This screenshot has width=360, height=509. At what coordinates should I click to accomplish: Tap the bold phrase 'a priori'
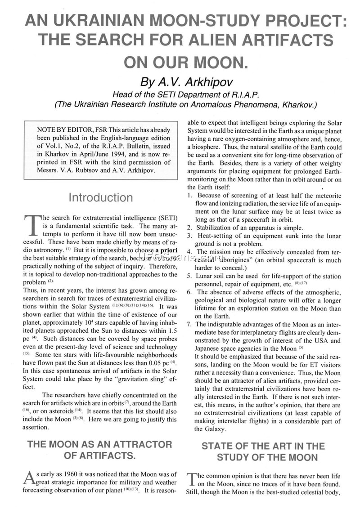click(167, 249)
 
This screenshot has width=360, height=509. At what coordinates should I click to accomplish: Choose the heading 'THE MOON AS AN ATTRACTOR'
click(100, 445)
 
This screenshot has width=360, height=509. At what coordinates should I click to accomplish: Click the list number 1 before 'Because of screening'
click(189, 196)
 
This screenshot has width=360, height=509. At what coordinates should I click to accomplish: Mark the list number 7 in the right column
click(189, 324)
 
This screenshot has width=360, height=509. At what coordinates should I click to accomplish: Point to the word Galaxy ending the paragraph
click(205, 429)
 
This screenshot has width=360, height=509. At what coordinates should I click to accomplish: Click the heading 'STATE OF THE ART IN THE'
click(263, 446)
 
